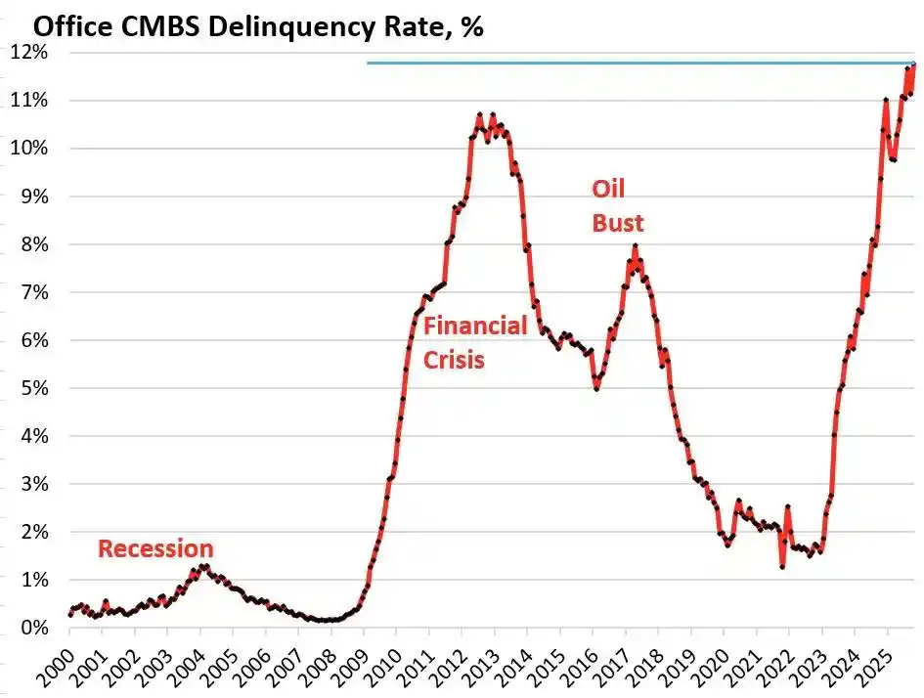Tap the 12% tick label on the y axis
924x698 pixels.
29,53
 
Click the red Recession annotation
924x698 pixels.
155,548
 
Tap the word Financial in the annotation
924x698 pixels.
475,327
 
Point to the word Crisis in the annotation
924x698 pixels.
454,360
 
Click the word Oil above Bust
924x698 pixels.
607,190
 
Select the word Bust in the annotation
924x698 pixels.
618,224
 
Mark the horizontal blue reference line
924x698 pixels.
636,64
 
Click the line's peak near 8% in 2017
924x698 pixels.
635,245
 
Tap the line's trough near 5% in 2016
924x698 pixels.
596,389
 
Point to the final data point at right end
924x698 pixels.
914,65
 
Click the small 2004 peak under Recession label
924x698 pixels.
203,566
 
